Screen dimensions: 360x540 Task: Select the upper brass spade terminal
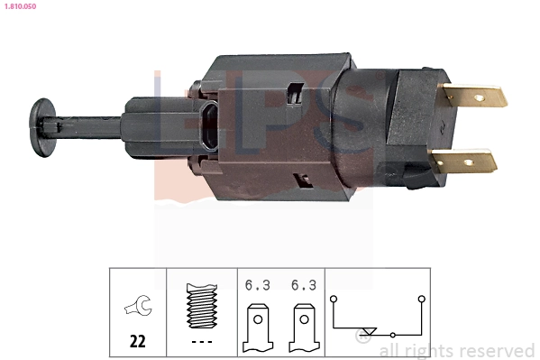click(x=472, y=96)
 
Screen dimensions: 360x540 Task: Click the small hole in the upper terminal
click(x=479, y=96)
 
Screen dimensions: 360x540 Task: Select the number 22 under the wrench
click(x=138, y=342)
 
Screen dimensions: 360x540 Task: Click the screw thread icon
click(x=201, y=306)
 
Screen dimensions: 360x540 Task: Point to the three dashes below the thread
click(x=201, y=342)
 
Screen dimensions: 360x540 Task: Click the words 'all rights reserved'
click(x=456, y=350)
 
